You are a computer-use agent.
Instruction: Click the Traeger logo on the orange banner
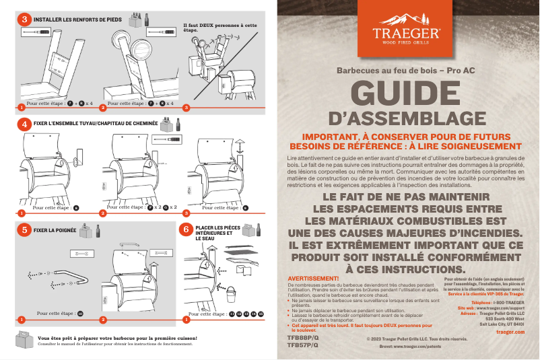point(407,32)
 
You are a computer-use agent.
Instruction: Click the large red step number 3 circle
point(25,20)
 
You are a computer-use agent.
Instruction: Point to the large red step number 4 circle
point(25,124)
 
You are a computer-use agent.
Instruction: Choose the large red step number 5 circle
point(25,229)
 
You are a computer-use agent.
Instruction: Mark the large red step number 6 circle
point(187,229)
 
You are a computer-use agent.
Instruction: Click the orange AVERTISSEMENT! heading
point(313,278)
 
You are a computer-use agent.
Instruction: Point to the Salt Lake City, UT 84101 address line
point(501,324)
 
